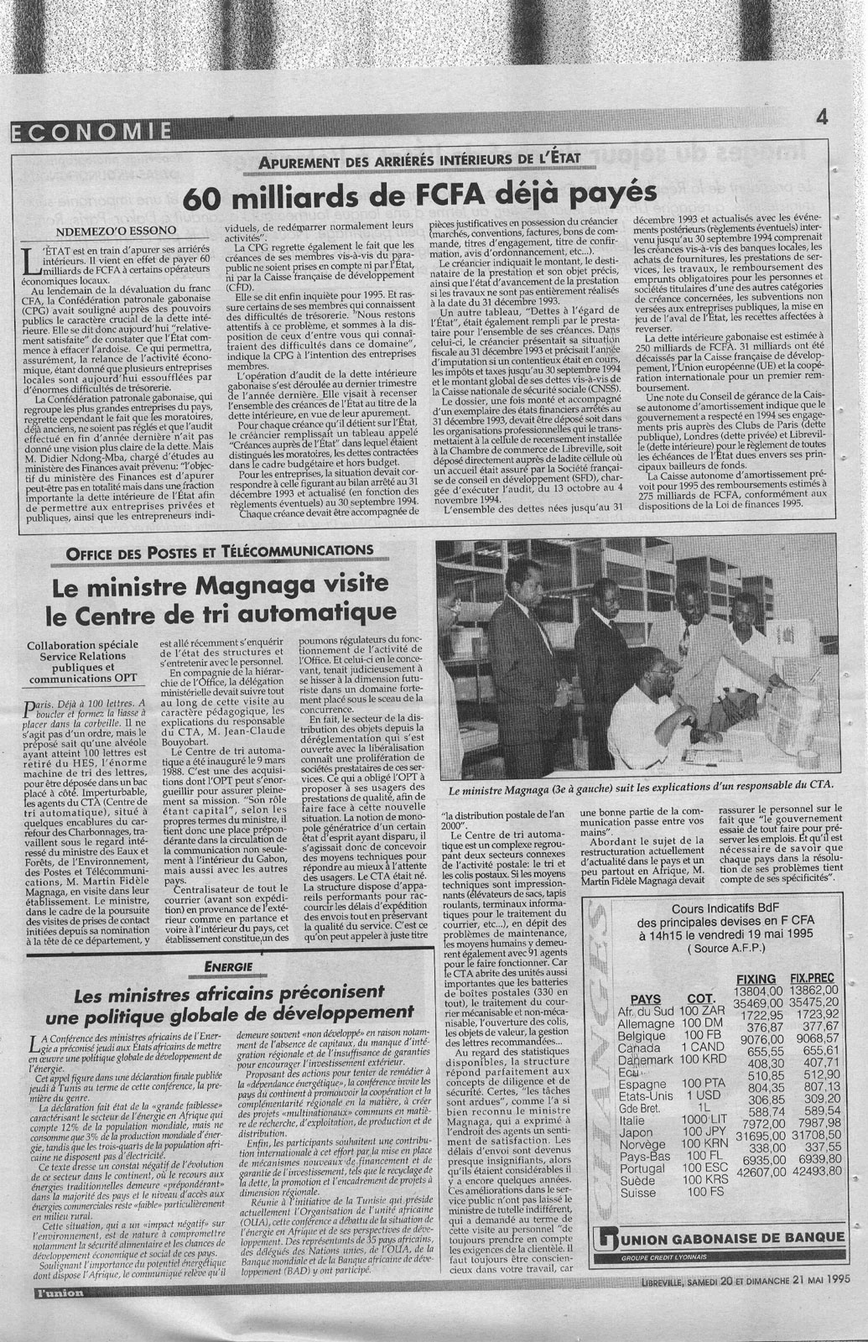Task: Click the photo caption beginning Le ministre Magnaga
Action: (x=641, y=785)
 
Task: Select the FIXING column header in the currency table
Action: (x=755, y=979)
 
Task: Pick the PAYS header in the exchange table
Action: (x=645, y=999)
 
